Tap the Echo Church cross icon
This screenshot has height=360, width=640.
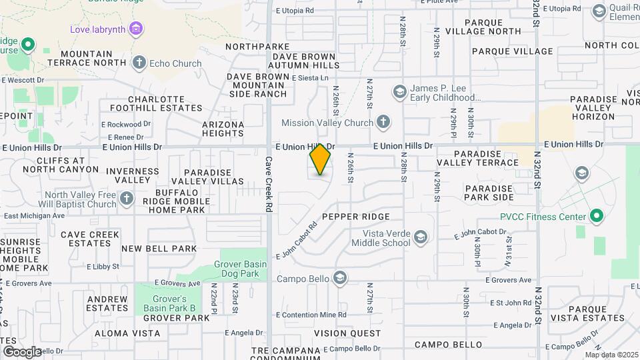tap(139, 63)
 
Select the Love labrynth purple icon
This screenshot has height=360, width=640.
tap(136, 29)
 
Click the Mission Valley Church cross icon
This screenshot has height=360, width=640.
tap(383, 122)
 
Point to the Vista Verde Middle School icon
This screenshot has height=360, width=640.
tap(420, 237)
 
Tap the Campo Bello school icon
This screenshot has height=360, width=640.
tap(339, 278)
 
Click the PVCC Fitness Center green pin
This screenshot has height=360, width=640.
tap(597, 217)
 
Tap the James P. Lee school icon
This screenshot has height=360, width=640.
tap(399, 91)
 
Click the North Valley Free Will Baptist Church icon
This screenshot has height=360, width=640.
tap(127, 199)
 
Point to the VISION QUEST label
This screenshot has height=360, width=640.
tap(347, 333)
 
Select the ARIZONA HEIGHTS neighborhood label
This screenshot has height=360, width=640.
tap(223, 129)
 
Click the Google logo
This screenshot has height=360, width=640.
tap(22, 351)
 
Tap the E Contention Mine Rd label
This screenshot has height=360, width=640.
tap(311, 315)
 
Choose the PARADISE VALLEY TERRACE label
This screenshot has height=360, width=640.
tap(477, 158)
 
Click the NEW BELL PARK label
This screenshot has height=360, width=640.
tap(159, 249)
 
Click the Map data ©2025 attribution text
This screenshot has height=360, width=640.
tap(611, 355)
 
